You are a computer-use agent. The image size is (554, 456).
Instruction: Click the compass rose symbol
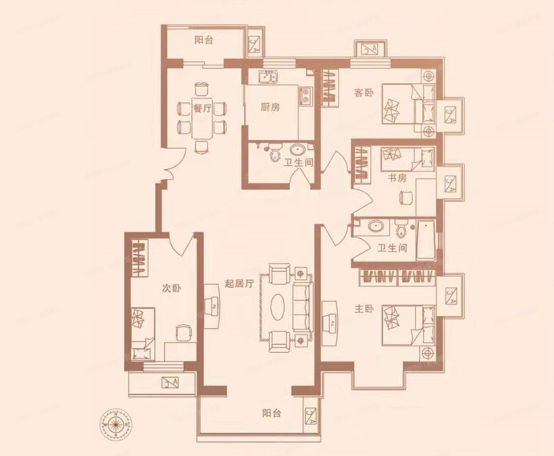pyautogui.click(x=116, y=425)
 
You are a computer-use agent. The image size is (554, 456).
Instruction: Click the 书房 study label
pyautogui.click(x=397, y=178)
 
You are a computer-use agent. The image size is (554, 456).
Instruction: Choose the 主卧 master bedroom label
pyautogui.click(x=364, y=308)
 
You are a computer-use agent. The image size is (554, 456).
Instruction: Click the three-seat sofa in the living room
pyautogui.click(x=302, y=306)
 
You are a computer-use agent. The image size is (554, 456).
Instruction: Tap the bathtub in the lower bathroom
pyautogui.click(x=427, y=240)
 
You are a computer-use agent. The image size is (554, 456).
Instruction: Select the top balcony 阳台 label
pyautogui.click(x=204, y=41)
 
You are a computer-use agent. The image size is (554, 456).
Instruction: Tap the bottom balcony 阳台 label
pyautogui.click(x=271, y=413)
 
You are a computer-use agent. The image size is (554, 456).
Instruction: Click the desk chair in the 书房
pyautogui.click(x=406, y=197)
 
